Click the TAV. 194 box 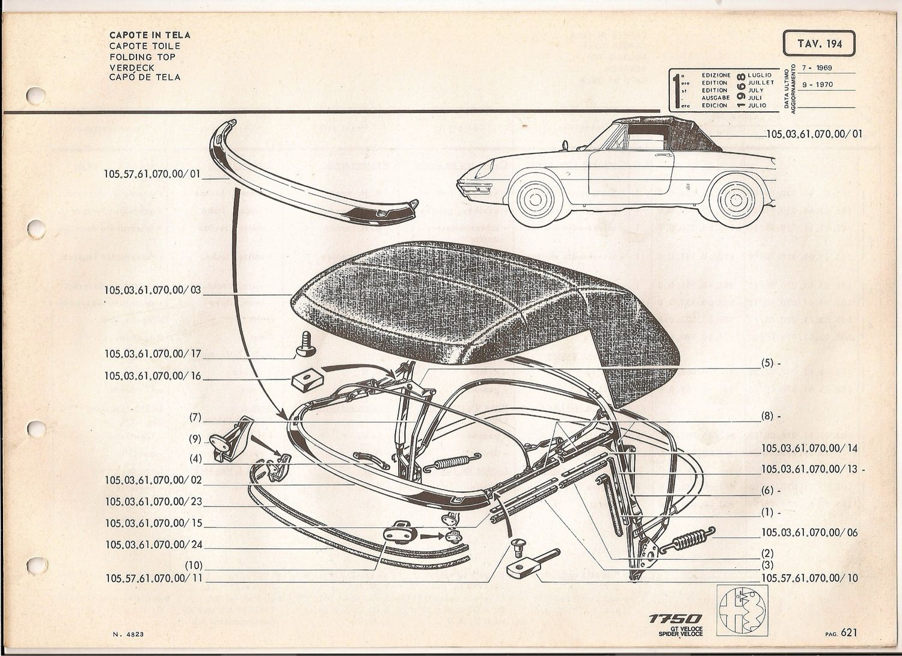click(818, 44)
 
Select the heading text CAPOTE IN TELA click(150, 35)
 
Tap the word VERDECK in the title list click(132, 67)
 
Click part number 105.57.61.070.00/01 click(152, 174)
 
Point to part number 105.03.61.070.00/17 click(153, 354)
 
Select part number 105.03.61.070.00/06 click(809, 533)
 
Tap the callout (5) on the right click(767, 364)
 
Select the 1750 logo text click(675, 619)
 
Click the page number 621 click(849, 632)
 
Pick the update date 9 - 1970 click(821, 85)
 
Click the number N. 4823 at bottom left click(127, 634)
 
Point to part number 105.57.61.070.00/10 click(809, 578)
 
